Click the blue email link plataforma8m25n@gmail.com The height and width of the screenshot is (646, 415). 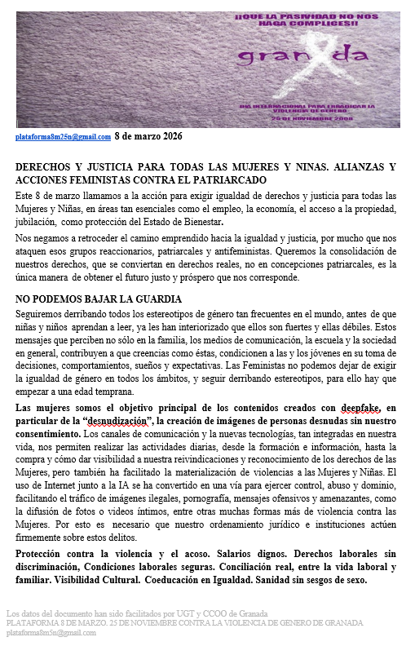63,138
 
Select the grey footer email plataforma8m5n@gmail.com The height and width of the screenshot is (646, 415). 51,632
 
